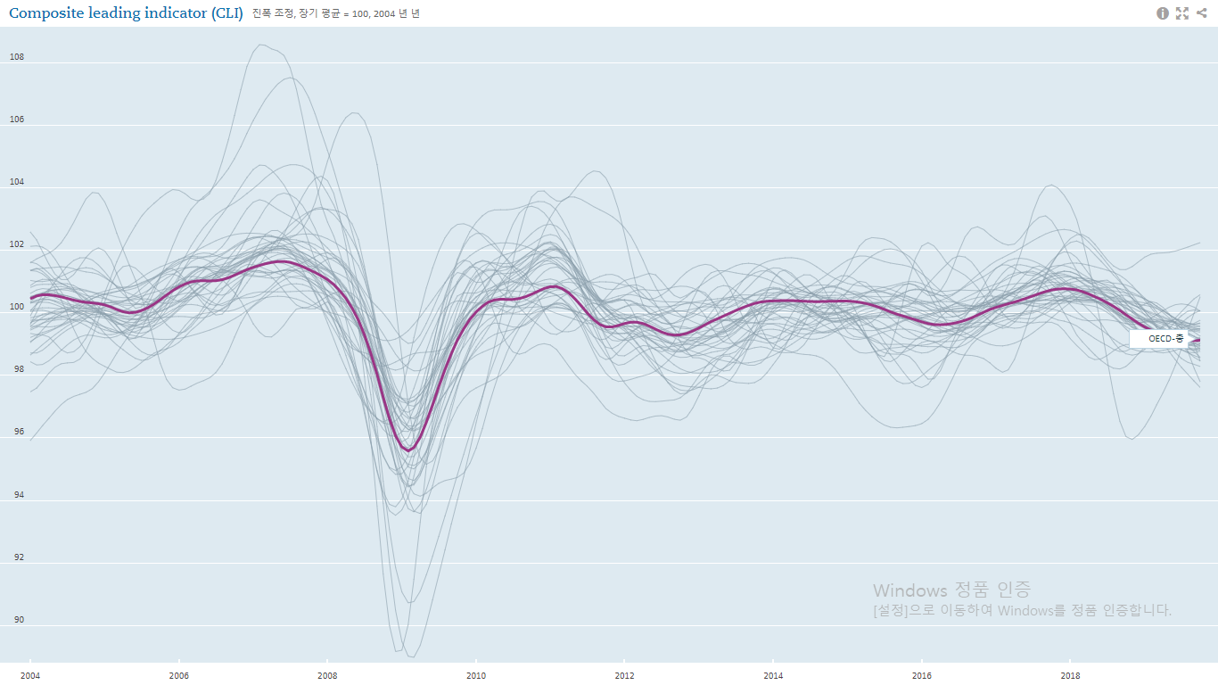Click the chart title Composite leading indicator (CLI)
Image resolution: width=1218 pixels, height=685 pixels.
(x=126, y=13)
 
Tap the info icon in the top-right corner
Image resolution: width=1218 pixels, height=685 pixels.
(x=1163, y=13)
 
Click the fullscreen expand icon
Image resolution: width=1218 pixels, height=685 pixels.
(x=1182, y=13)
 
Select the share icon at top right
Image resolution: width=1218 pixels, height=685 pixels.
(x=1201, y=13)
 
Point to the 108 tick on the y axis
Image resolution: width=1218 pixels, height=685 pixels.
(x=17, y=57)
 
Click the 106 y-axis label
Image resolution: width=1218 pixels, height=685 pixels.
(x=17, y=120)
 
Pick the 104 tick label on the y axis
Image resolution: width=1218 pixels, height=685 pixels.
(x=17, y=182)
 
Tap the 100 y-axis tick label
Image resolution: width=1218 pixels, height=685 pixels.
(x=17, y=308)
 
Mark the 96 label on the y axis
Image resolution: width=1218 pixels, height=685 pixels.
(x=17, y=433)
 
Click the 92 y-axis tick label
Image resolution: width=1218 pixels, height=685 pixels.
(x=17, y=557)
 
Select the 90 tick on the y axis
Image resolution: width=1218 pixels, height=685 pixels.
(x=17, y=620)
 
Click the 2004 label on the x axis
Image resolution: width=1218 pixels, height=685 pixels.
(x=30, y=675)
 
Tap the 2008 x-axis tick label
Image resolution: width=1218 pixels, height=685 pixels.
(x=327, y=675)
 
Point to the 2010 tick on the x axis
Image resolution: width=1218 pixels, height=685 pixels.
(x=476, y=675)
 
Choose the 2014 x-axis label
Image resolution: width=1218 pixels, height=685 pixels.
(x=773, y=675)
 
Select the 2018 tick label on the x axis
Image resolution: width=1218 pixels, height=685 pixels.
(x=1070, y=675)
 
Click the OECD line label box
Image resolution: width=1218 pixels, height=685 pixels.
(x=1159, y=339)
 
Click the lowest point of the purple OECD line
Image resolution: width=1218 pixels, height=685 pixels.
(x=408, y=450)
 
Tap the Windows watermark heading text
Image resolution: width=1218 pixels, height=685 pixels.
(x=951, y=590)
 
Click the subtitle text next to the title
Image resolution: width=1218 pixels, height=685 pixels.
(x=336, y=13)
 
